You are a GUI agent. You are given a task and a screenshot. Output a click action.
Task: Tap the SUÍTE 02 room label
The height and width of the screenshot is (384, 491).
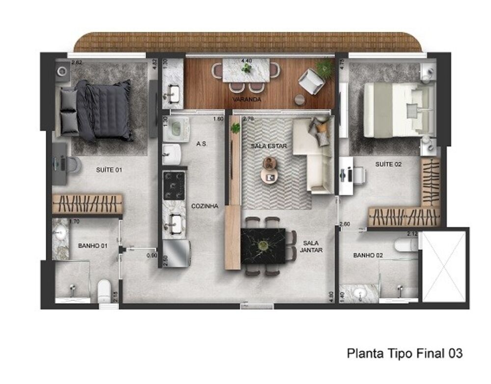(x=388, y=164)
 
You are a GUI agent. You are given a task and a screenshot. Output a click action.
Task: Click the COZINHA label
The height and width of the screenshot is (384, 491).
(x=204, y=206)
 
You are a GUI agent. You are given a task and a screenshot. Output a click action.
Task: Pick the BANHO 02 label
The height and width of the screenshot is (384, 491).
(x=368, y=255)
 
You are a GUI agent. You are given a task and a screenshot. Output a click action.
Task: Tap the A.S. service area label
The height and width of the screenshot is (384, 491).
(x=201, y=144)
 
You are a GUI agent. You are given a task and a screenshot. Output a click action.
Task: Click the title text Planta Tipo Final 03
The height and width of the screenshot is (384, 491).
(x=405, y=353)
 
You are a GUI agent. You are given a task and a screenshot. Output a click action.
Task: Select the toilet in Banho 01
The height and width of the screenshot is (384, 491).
(x=104, y=291)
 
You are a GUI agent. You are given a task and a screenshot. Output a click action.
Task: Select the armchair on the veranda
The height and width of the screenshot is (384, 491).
(x=311, y=81)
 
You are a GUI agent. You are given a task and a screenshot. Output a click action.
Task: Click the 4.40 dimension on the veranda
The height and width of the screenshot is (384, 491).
(x=246, y=61)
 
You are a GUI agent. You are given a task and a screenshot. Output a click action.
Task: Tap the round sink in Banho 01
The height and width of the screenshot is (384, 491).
(x=61, y=234)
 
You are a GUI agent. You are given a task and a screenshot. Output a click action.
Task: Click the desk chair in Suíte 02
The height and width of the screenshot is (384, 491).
(x=357, y=174)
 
